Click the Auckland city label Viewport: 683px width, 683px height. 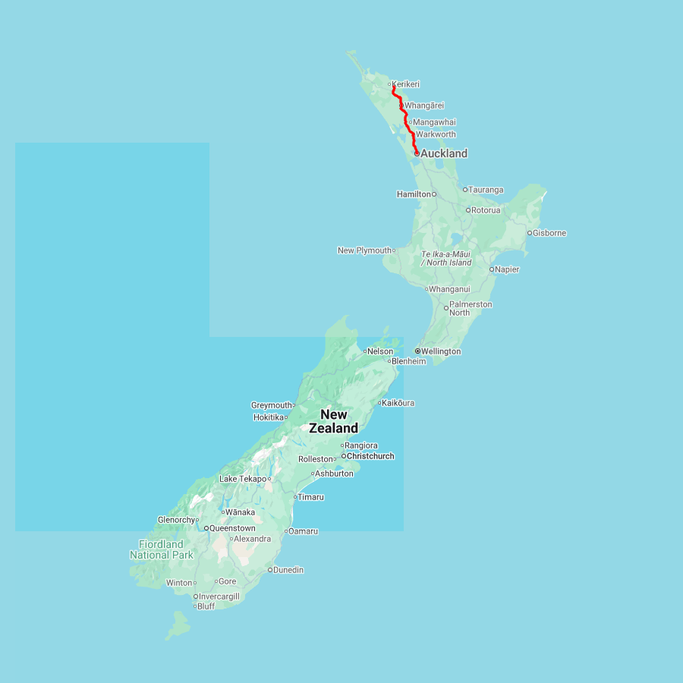click(x=444, y=153)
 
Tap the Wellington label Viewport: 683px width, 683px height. click(x=441, y=351)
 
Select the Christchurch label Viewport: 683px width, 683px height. click(x=370, y=456)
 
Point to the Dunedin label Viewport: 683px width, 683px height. click(x=288, y=570)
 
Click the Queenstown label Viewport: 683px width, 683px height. click(x=232, y=528)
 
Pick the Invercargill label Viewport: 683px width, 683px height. click(x=219, y=596)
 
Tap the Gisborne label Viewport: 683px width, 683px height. click(x=549, y=233)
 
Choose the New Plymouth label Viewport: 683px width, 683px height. click(x=364, y=250)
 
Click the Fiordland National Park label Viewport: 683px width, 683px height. click(x=161, y=549)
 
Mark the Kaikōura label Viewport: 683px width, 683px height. click(x=398, y=403)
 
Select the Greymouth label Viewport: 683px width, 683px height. click(x=272, y=405)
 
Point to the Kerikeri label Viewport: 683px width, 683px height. click(x=406, y=84)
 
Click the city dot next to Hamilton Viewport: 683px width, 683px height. click(x=434, y=194)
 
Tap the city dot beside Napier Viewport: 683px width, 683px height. click(x=492, y=269)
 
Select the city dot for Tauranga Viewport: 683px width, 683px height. click(x=465, y=190)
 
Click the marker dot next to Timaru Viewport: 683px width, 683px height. click(x=295, y=497)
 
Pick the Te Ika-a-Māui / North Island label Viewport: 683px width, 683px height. click(x=446, y=258)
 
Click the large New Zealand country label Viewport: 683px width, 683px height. click(x=333, y=421)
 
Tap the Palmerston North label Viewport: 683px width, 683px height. click(x=470, y=308)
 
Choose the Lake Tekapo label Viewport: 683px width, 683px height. click(x=242, y=479)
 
